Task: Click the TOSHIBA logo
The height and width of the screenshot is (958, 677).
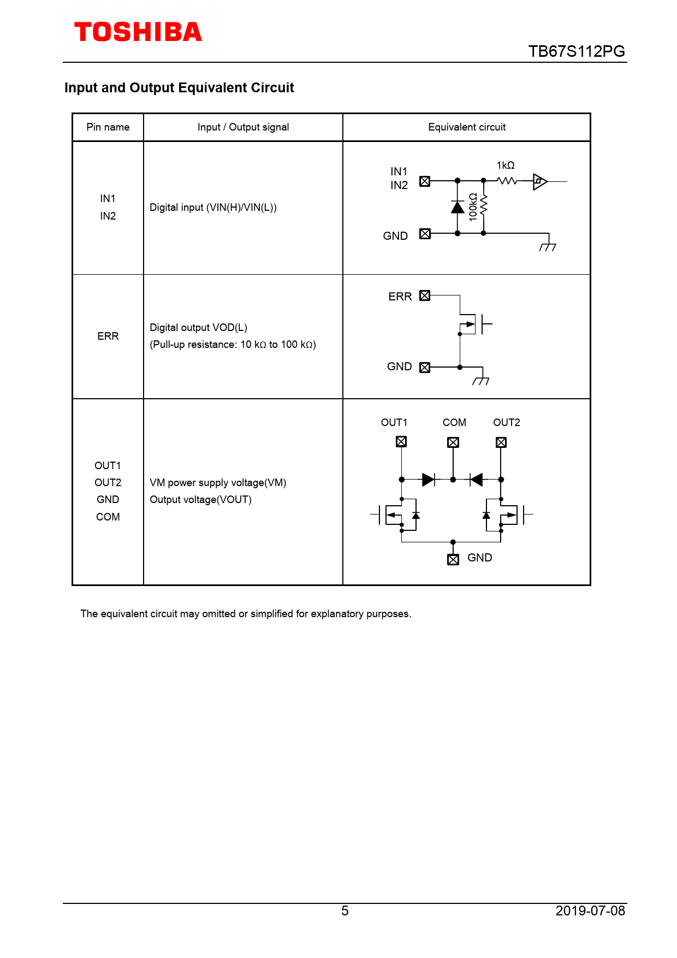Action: tap(138, 32)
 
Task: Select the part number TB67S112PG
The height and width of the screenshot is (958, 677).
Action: tap(576, 51)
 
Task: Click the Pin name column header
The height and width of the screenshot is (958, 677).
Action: tap(108, 127)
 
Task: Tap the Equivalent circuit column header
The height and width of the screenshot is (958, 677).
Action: tap(467, 127)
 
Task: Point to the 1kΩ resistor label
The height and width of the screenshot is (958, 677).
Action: tap(506, 165)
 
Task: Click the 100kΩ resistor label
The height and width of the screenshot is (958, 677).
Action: tap(473, 206)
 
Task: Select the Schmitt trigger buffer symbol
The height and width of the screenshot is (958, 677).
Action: tap(540, 181)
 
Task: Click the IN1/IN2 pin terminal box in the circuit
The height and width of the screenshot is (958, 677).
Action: tap(425, 181)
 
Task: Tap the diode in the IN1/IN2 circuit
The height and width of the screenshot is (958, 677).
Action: tap(458, 207)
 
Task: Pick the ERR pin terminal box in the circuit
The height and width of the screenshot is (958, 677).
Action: tap(425, 295)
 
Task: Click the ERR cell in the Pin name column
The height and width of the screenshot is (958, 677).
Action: tap(108, 336)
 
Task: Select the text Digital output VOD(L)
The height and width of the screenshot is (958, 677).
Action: tap(199, 328)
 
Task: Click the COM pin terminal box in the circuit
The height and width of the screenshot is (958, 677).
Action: tap(453, 442)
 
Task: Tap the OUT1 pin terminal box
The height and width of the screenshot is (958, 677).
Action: tap(401, 442)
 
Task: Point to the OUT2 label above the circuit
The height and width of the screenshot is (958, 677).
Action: tap(507, 423)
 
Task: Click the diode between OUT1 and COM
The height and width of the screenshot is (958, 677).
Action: tap(428, 480)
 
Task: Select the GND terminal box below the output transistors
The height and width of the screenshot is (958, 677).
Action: tap(453, 559)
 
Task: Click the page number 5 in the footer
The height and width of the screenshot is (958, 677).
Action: tap(345, 910)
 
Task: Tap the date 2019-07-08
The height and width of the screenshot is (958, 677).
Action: tap(590, 910)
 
